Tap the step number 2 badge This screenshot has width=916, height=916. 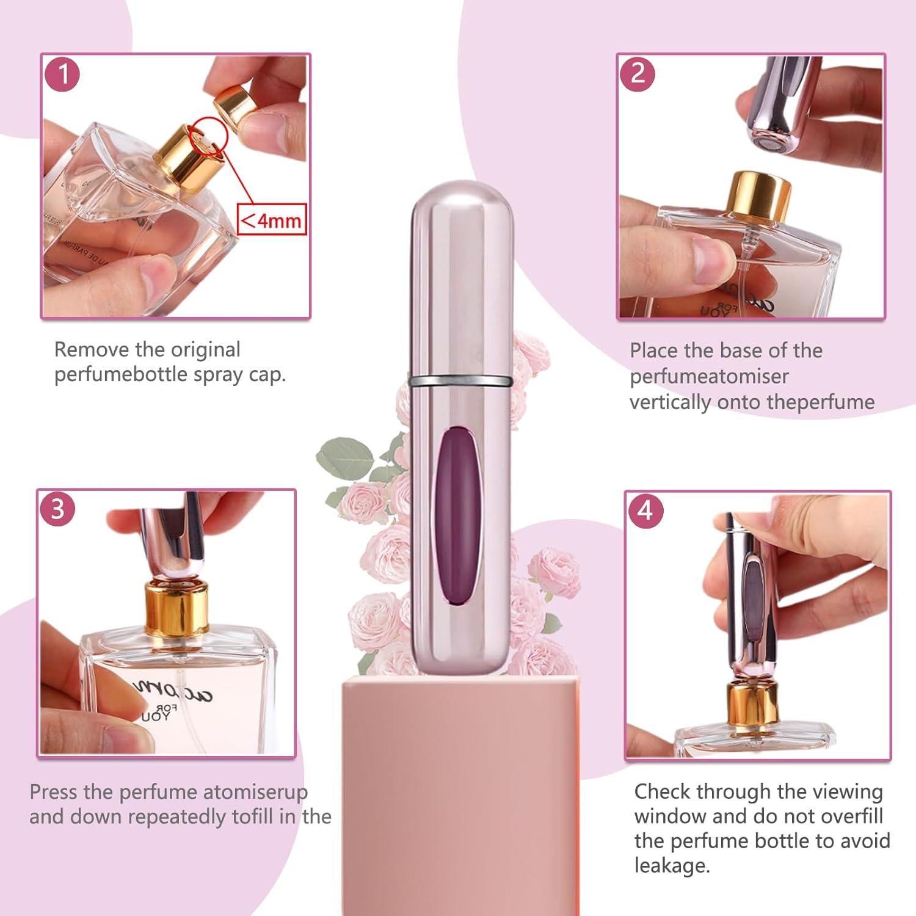638,73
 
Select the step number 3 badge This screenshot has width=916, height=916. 58,509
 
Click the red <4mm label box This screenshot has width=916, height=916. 271,220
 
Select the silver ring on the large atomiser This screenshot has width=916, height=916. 459,382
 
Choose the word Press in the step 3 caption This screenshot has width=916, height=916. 54,792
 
